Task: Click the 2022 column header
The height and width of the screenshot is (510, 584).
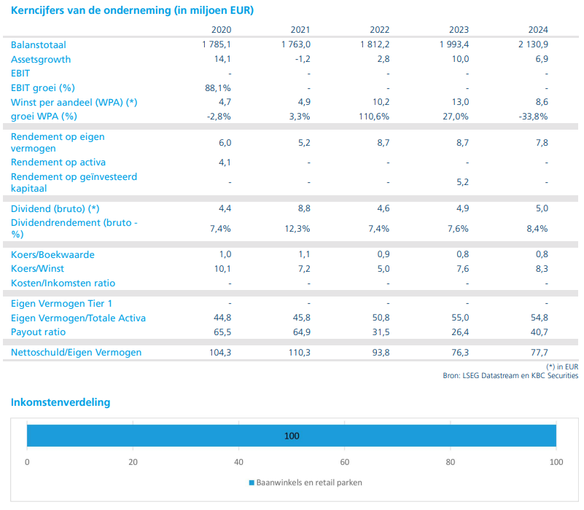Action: pyautogui.click(x=379, y=30)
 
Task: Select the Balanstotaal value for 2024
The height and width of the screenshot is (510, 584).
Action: pyautogui.click(x=533, y=44)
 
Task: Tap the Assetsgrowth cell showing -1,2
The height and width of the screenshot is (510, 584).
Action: pyautogui.click(x=303, y=59)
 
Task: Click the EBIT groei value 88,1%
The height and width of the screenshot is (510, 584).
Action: pyautogui.click(x=218, y=88)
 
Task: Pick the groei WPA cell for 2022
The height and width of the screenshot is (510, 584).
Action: pyautogui.click(x=374, y=117)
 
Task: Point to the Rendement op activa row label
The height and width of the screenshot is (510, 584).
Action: pyautogui.click(x=58, y=162)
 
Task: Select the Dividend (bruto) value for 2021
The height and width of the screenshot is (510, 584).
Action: pyautogui.click(x=304, y=208)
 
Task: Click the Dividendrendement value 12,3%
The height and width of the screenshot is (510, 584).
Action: pyautogui.click(x=297, y=229)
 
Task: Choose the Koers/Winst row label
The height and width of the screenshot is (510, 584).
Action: pyautogui.click(x=37, y=268)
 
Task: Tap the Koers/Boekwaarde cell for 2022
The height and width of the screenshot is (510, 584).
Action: pyautogui.click(x=384, y=254)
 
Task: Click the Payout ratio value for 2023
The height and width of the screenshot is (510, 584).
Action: pyautogui.click(x=460, y=332)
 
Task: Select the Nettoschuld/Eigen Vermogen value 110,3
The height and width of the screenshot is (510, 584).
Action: pyautogui.click(x=299, y=353)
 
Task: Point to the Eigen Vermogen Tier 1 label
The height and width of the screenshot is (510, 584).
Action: pyautogui.click(x=61, y=304)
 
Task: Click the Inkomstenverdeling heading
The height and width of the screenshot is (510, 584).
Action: pyautogui.click(x=61, y=402)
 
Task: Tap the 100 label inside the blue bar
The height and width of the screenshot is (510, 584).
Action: pyautogui.click(x=292, y=436)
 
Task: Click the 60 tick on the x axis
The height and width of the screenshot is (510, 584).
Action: pyautogui.click(x=345, y=463)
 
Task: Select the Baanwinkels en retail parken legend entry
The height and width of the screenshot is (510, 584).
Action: pyautogui.click(x=305, y=483)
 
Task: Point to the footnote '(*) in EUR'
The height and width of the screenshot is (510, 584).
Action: pyautogui.click(x=562, y=366)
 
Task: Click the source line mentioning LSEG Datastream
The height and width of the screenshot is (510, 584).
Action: pyautogui.click(x=510, y=376)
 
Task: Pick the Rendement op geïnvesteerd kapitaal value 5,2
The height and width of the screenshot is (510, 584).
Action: pyautogui.click(x=462, y=182)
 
